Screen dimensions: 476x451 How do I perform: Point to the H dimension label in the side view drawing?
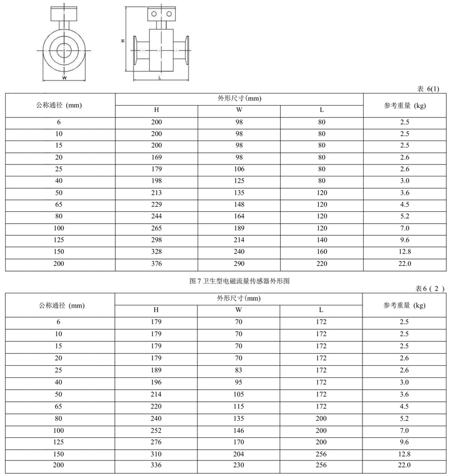point(123,41)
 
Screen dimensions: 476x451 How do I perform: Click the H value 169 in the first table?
point(156,158)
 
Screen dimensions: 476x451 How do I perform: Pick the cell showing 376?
point(156,264)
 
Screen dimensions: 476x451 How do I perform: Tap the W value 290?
point(239,264)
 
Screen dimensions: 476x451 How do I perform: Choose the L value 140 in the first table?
point(322,240)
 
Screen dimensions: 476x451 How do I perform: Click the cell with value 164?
point(239,216)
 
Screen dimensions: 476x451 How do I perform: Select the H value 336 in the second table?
point(156,465)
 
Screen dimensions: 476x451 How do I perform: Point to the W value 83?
point(239,370)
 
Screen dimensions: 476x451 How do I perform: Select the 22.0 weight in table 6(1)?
point(405,264)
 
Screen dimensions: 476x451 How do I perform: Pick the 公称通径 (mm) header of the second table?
point(60,305)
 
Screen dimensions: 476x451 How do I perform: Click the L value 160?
point(322,252)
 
